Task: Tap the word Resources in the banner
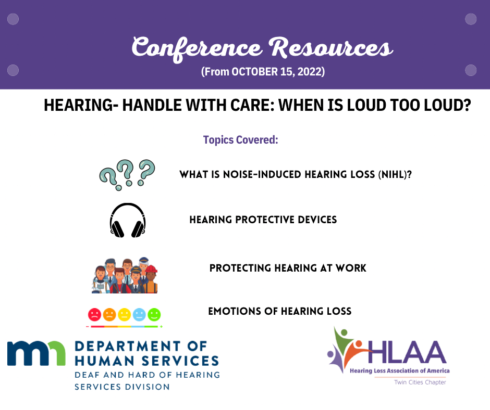pos(331,48)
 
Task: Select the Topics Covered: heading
pos(241,140)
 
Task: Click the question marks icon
pos(127,175)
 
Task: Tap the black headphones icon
pos(128,220)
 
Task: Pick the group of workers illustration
pos(125,276)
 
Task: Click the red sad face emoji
pos(94,314)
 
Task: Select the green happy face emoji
pos(154,314)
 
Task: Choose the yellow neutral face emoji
pos(124,314)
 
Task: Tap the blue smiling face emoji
pos(139,314)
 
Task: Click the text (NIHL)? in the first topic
pos(395,174)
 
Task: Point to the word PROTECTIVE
pos(265,220)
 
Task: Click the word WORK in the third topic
pos(351,268)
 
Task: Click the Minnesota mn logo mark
pos(36,353)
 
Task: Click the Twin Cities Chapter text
pos(420,382)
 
